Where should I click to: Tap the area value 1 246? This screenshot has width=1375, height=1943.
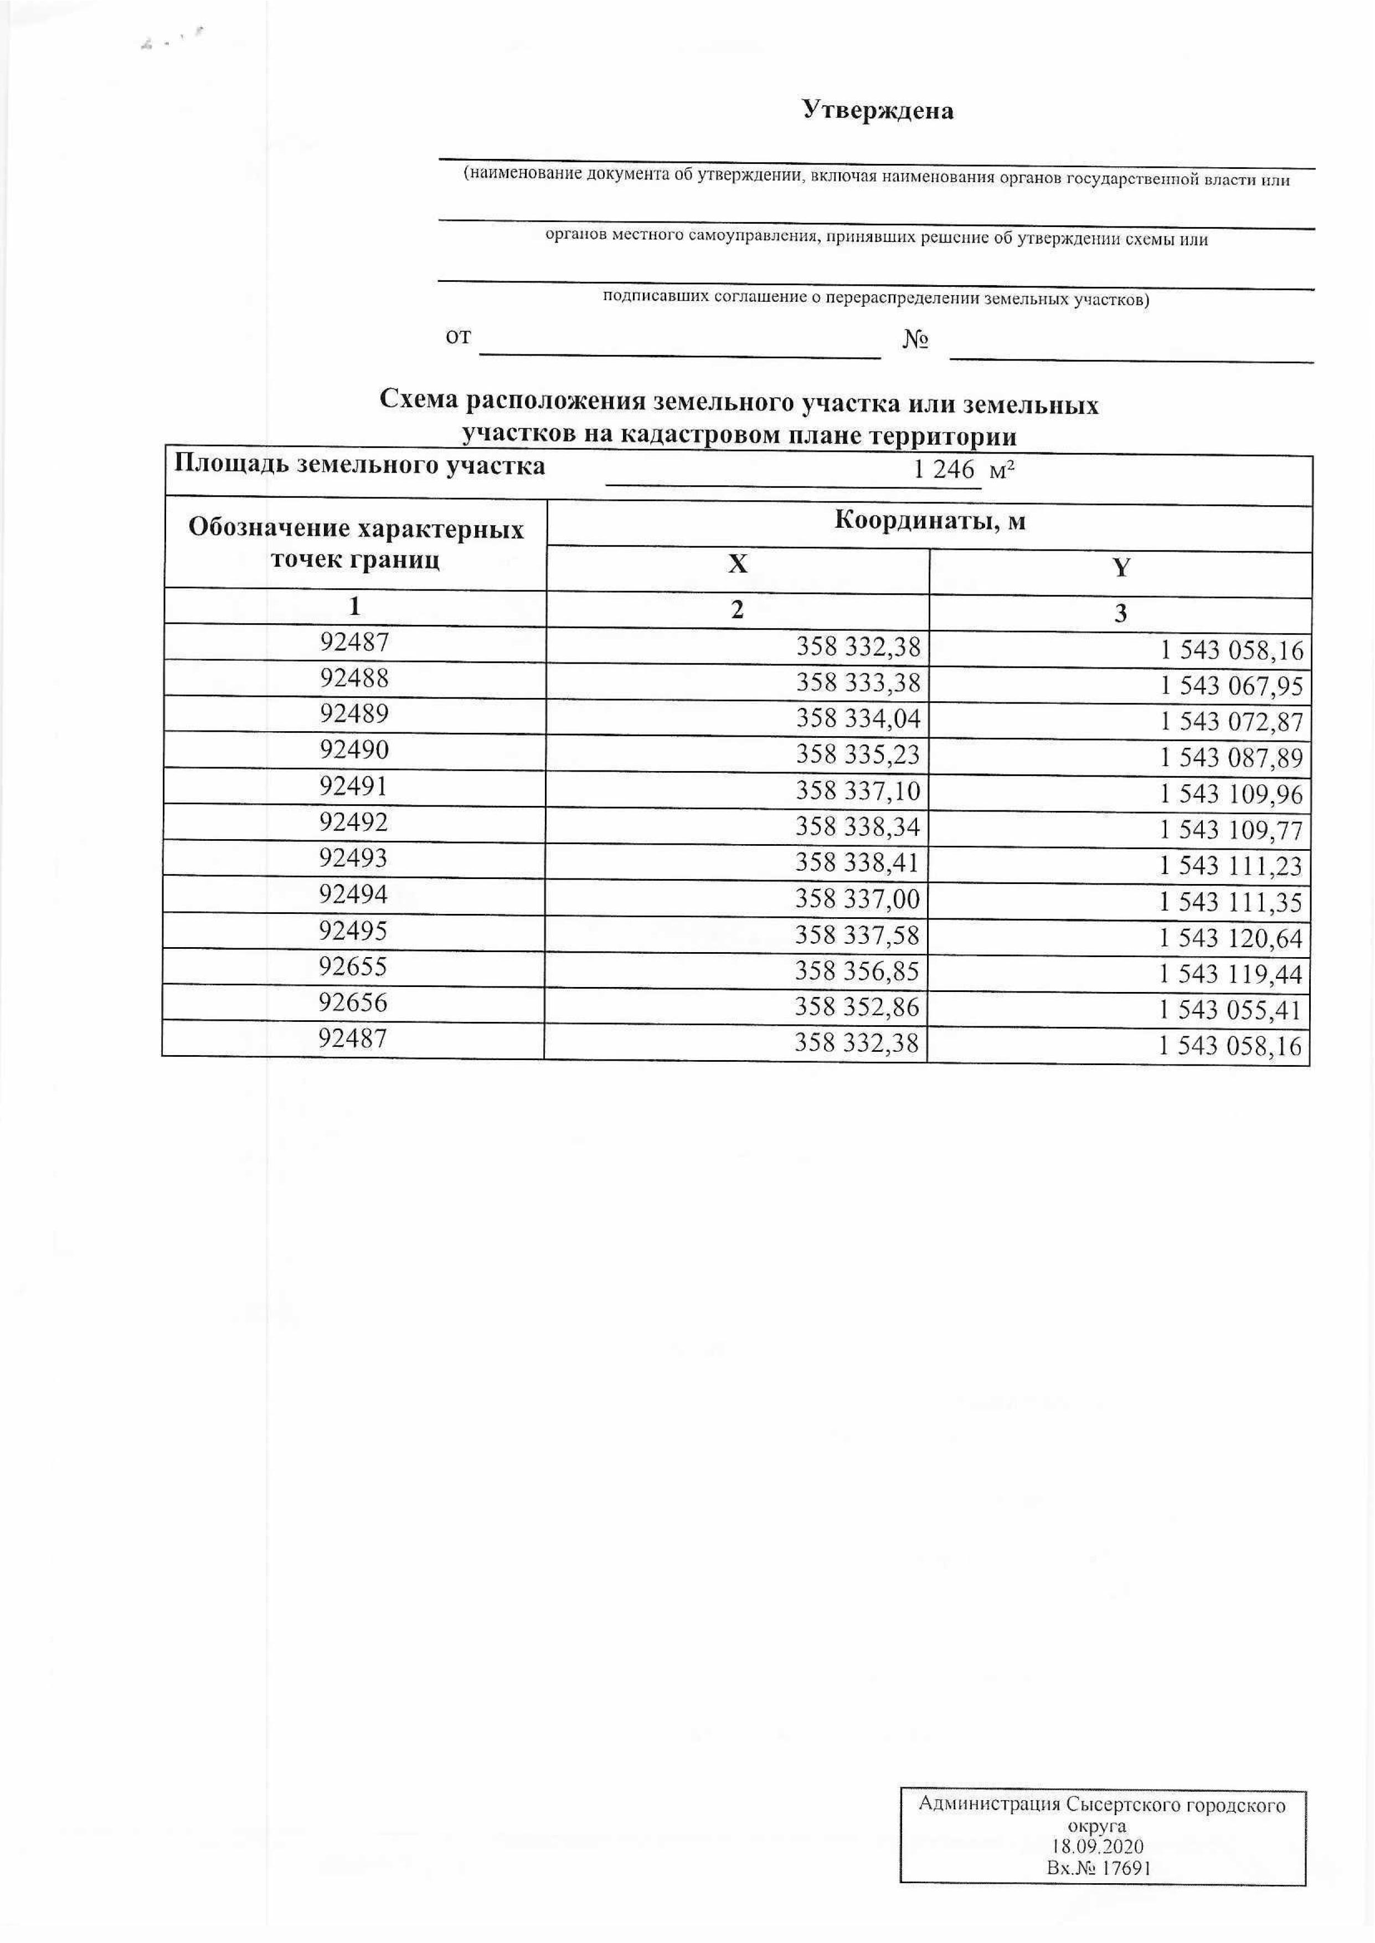pos(944,469)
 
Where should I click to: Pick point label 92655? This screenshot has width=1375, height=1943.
pos(353,966)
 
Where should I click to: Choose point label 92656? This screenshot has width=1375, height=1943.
pos(353,1003)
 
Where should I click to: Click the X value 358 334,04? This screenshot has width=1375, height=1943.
pos(858,719)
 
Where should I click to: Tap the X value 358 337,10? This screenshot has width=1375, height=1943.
pos(858,791)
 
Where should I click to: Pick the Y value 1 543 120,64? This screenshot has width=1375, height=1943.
pos(1230,938)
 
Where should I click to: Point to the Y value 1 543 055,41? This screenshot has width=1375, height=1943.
pos(1230,1010)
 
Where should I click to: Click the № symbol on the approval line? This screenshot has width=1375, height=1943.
pos(916,340)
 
